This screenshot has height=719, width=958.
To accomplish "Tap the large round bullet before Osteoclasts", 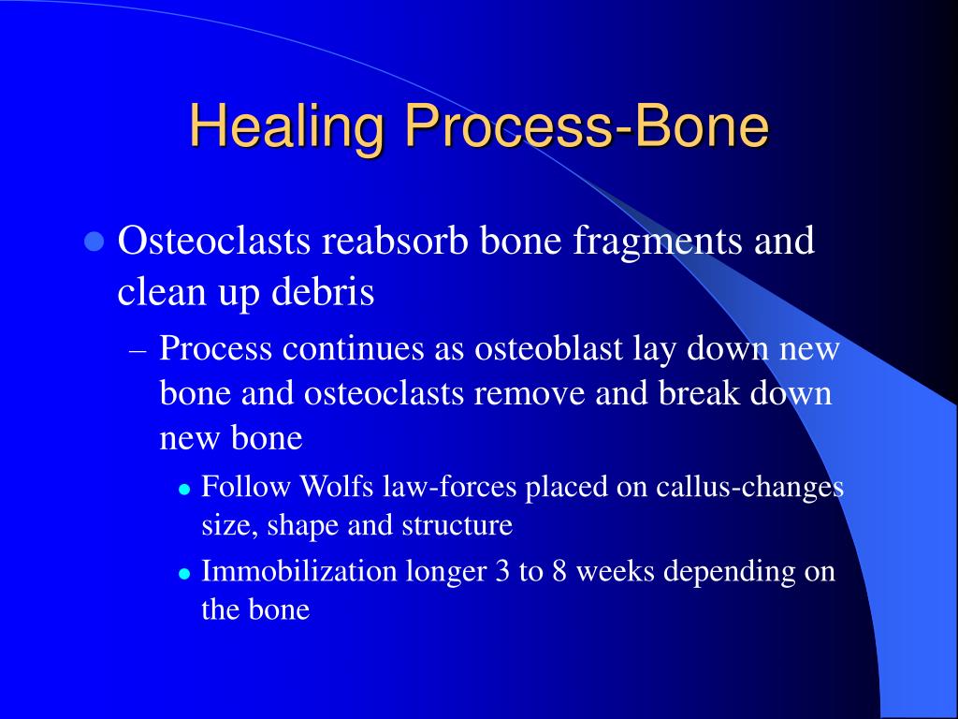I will tap(93, 242).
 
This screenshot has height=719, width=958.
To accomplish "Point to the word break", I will tap(691, 393).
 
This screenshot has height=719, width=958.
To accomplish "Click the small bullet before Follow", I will tap(185, 490).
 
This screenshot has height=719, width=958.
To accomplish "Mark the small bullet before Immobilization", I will tap(185, 574).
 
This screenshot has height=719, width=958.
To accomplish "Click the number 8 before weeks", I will tap(559, 572).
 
